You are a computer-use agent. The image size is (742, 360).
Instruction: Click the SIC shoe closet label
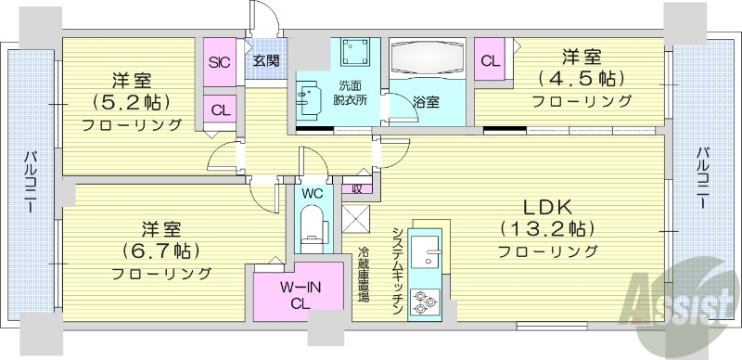(x=220, y=63)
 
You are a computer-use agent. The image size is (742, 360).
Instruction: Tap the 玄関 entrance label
(x=265, y=63)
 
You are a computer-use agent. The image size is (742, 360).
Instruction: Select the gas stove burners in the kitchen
(x=425, y=301)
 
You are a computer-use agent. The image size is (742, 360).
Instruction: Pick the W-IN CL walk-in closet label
(x=301, y=292)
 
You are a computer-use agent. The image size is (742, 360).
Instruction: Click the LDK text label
(x=545, y=206)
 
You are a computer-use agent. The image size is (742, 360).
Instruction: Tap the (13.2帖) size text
(x=546, y=228)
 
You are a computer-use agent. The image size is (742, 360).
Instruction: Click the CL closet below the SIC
(x=220, y=109)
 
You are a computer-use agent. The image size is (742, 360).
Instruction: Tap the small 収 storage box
(x=357, y=187)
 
